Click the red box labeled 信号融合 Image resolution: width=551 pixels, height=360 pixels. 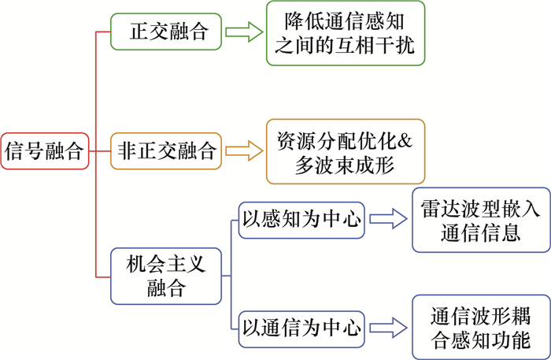[45, 150]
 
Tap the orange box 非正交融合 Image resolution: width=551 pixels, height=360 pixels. [167, 149]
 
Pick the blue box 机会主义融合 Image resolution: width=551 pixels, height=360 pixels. [166, 276]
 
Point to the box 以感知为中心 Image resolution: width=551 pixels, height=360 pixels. [301, 219]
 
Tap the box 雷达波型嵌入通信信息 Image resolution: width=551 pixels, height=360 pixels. [479, 219]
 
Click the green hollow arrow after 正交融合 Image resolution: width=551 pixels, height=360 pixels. [242, 32]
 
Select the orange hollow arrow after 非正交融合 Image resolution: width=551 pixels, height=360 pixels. [242, 149]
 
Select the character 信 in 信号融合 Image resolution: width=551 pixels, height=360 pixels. [16, 150]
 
